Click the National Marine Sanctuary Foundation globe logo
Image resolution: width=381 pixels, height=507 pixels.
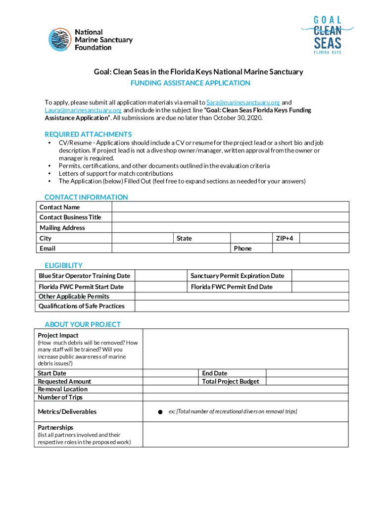[x=60, y=40]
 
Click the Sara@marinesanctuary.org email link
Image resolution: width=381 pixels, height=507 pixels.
[x=243, y=102]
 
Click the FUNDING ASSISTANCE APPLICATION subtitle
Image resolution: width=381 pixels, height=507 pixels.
[x=190, y=83]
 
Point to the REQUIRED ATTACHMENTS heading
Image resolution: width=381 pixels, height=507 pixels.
[x=88, y=134]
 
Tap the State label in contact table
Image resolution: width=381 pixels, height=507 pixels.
[x=184, y=239]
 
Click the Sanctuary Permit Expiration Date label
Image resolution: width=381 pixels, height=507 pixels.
[x=238, y=276]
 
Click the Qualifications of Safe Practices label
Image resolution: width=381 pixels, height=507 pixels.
[x=82, y=306]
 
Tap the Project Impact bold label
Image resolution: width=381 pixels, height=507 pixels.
[x=58, y=335]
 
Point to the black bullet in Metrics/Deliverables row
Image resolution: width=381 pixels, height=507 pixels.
[x=160, y=412]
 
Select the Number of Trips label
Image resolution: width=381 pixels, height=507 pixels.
[x=60, y=397]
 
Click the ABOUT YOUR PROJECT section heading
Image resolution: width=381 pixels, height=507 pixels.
[x=83, y=324]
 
